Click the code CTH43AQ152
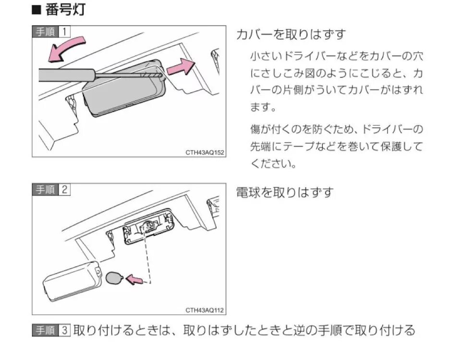pyautogui.click(x=205, y=152)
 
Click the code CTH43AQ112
pyautogui.click(x=205, y=310)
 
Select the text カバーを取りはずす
pyautogui.click(x=291, y=35)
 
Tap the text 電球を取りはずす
pyautogui.click(x=285, y=192)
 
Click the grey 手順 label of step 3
pyautogui.click(x=46, y=331)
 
